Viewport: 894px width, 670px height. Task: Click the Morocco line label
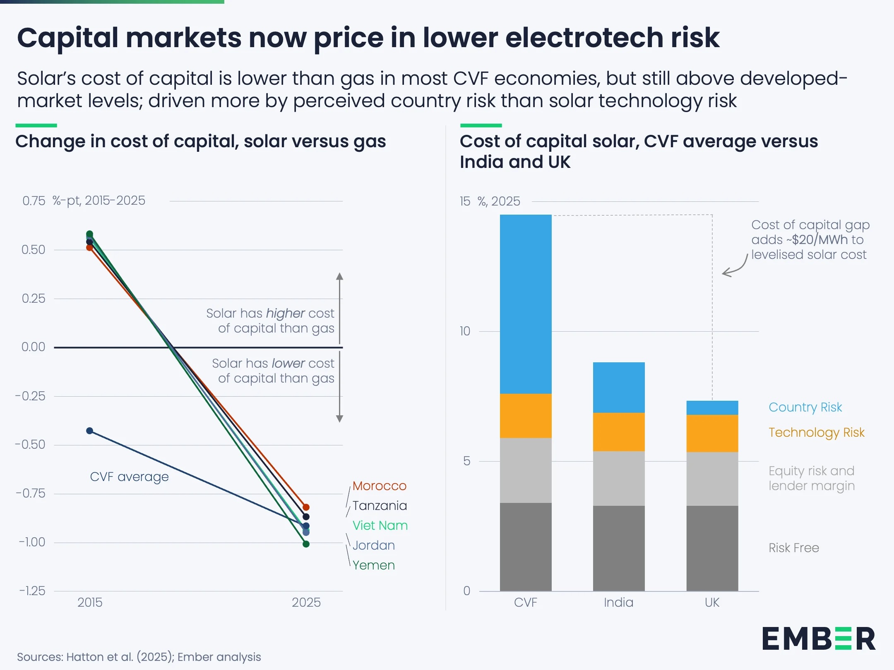coord(379,486)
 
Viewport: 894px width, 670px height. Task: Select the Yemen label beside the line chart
coord(373,565)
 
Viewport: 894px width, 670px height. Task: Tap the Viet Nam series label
coord(380,526)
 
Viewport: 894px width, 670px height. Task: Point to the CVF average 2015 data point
coord(90,431)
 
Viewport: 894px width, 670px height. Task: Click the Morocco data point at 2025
coord(306,507)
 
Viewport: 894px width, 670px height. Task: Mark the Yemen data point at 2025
coord(306,544)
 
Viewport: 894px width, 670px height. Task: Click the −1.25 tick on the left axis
coord(32,591)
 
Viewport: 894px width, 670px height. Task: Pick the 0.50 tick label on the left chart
coord(33,250)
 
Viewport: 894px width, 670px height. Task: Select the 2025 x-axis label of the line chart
coord(306,603)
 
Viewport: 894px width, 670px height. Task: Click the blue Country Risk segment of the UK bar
coord(712,408)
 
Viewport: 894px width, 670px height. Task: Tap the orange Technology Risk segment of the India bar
coord(619,432)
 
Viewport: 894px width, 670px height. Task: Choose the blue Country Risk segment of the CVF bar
coord(526,304)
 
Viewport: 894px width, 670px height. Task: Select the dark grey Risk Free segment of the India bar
coord(619,548)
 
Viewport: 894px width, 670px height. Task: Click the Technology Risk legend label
coord(816,433)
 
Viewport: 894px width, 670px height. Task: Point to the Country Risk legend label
coord(805,407)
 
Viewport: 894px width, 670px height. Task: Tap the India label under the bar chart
coord(618,603)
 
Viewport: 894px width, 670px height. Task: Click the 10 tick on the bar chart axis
coord(465,331)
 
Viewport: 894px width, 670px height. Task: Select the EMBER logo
coord(819,639)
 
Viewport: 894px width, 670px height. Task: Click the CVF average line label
coord(129,477)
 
